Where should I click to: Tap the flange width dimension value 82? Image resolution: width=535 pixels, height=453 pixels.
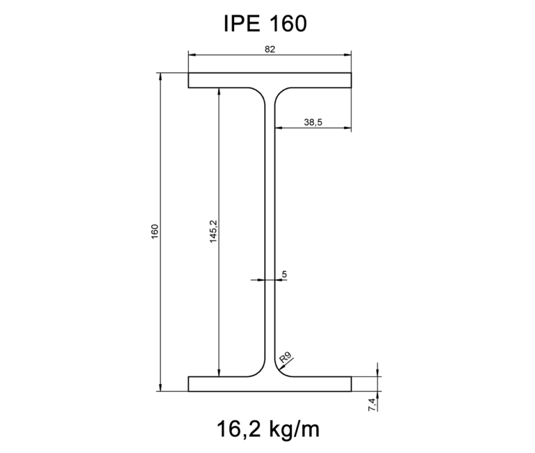270,49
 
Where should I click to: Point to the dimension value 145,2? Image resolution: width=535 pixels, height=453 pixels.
213,231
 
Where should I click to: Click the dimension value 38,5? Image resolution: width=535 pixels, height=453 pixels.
313,122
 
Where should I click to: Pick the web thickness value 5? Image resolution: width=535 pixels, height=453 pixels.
284,274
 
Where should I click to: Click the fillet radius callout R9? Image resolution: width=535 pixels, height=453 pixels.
285,359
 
